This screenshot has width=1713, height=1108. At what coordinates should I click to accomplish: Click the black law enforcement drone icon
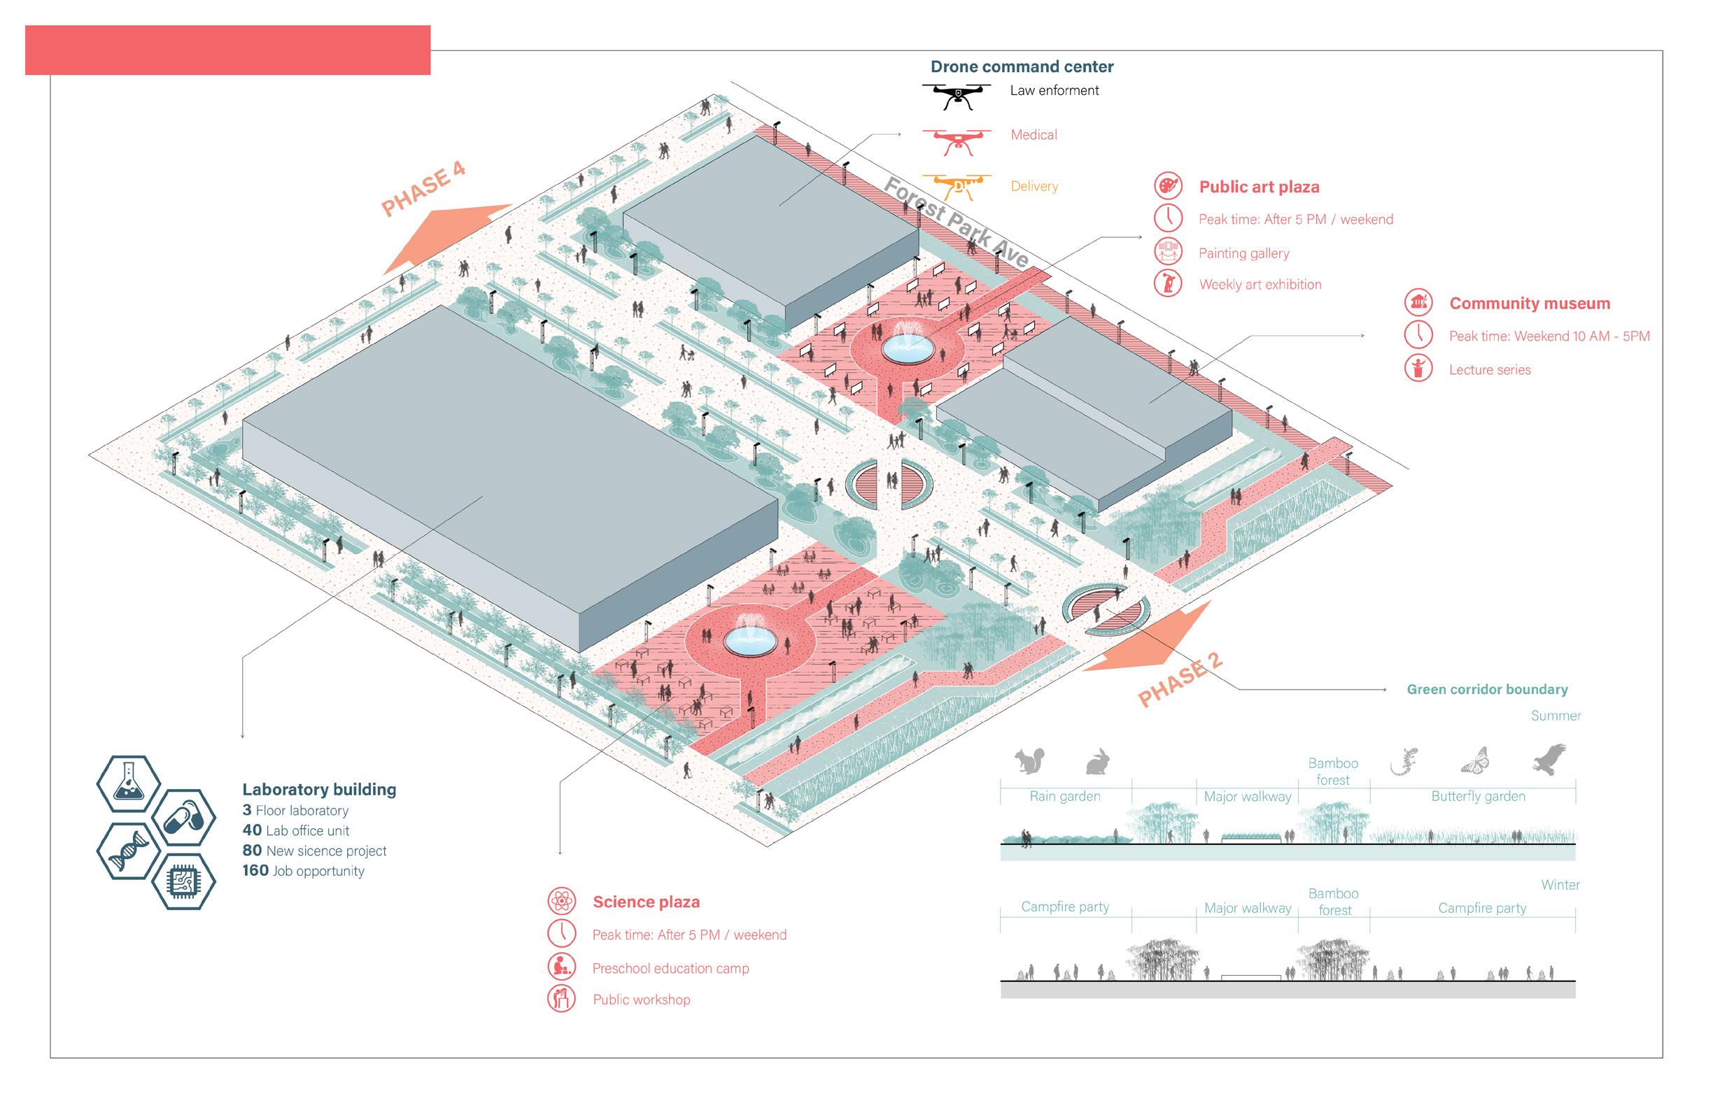point(957,95)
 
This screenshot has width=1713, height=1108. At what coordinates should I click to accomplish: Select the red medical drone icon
point(957,141)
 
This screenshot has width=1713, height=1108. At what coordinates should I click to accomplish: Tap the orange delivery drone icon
point(957,186)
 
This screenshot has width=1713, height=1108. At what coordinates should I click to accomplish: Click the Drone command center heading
point(1022,67)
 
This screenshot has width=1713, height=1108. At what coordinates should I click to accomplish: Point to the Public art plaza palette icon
point(1167,185)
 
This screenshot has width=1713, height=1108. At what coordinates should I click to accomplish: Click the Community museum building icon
point(1418,302)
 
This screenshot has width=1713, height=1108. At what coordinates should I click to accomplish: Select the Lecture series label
point(1489,370)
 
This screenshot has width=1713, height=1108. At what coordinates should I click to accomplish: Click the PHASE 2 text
point(1180,679)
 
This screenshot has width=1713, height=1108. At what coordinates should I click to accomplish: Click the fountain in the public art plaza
point(908,348)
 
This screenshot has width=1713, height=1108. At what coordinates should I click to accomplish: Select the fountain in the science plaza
point(749,638)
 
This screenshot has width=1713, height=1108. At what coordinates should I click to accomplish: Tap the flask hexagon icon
point(128,783)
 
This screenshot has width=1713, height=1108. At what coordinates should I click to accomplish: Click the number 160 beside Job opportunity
point(255,871)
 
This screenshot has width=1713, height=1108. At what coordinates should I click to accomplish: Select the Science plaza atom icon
point(561,901)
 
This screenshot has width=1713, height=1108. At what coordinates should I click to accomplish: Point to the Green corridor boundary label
point(1487,689)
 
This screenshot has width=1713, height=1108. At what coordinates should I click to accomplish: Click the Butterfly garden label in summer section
point(1478,797)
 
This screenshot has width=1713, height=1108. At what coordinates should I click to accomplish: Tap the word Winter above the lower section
point(1560,885)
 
